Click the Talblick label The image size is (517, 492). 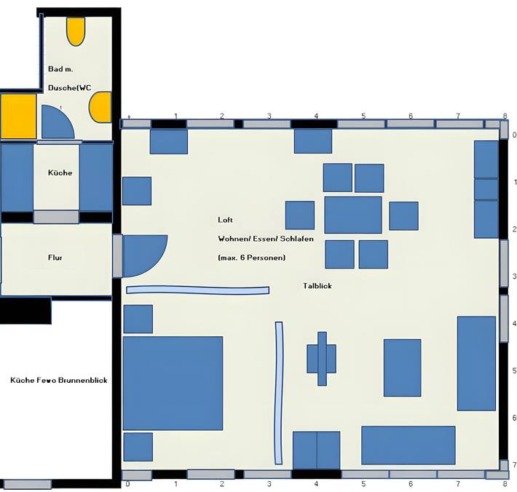coord(317,286)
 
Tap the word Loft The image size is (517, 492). coord(225,220)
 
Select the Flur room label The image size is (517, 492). coord(55,258)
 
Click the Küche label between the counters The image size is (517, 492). coord(60,172)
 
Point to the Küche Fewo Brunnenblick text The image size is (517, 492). coord(59,381)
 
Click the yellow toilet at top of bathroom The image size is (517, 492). coord(76,31)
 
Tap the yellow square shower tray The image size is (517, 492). coord(18,116)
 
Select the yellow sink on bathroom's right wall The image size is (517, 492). coord(100,108)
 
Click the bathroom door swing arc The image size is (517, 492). coord(57,122)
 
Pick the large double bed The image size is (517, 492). coord(173,384)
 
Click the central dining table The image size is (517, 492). coord(353,215)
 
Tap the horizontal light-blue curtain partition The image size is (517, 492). coord(198,290)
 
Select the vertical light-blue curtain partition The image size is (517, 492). coord(279,393)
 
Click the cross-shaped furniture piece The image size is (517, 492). coord(322,359)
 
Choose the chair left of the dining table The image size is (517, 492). coord(300,215)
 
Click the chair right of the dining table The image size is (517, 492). coord(403,216)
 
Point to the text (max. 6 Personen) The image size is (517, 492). coord(251,258)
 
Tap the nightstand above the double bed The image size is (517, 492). coord(138,319)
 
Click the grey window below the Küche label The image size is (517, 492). coord(56,217)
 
